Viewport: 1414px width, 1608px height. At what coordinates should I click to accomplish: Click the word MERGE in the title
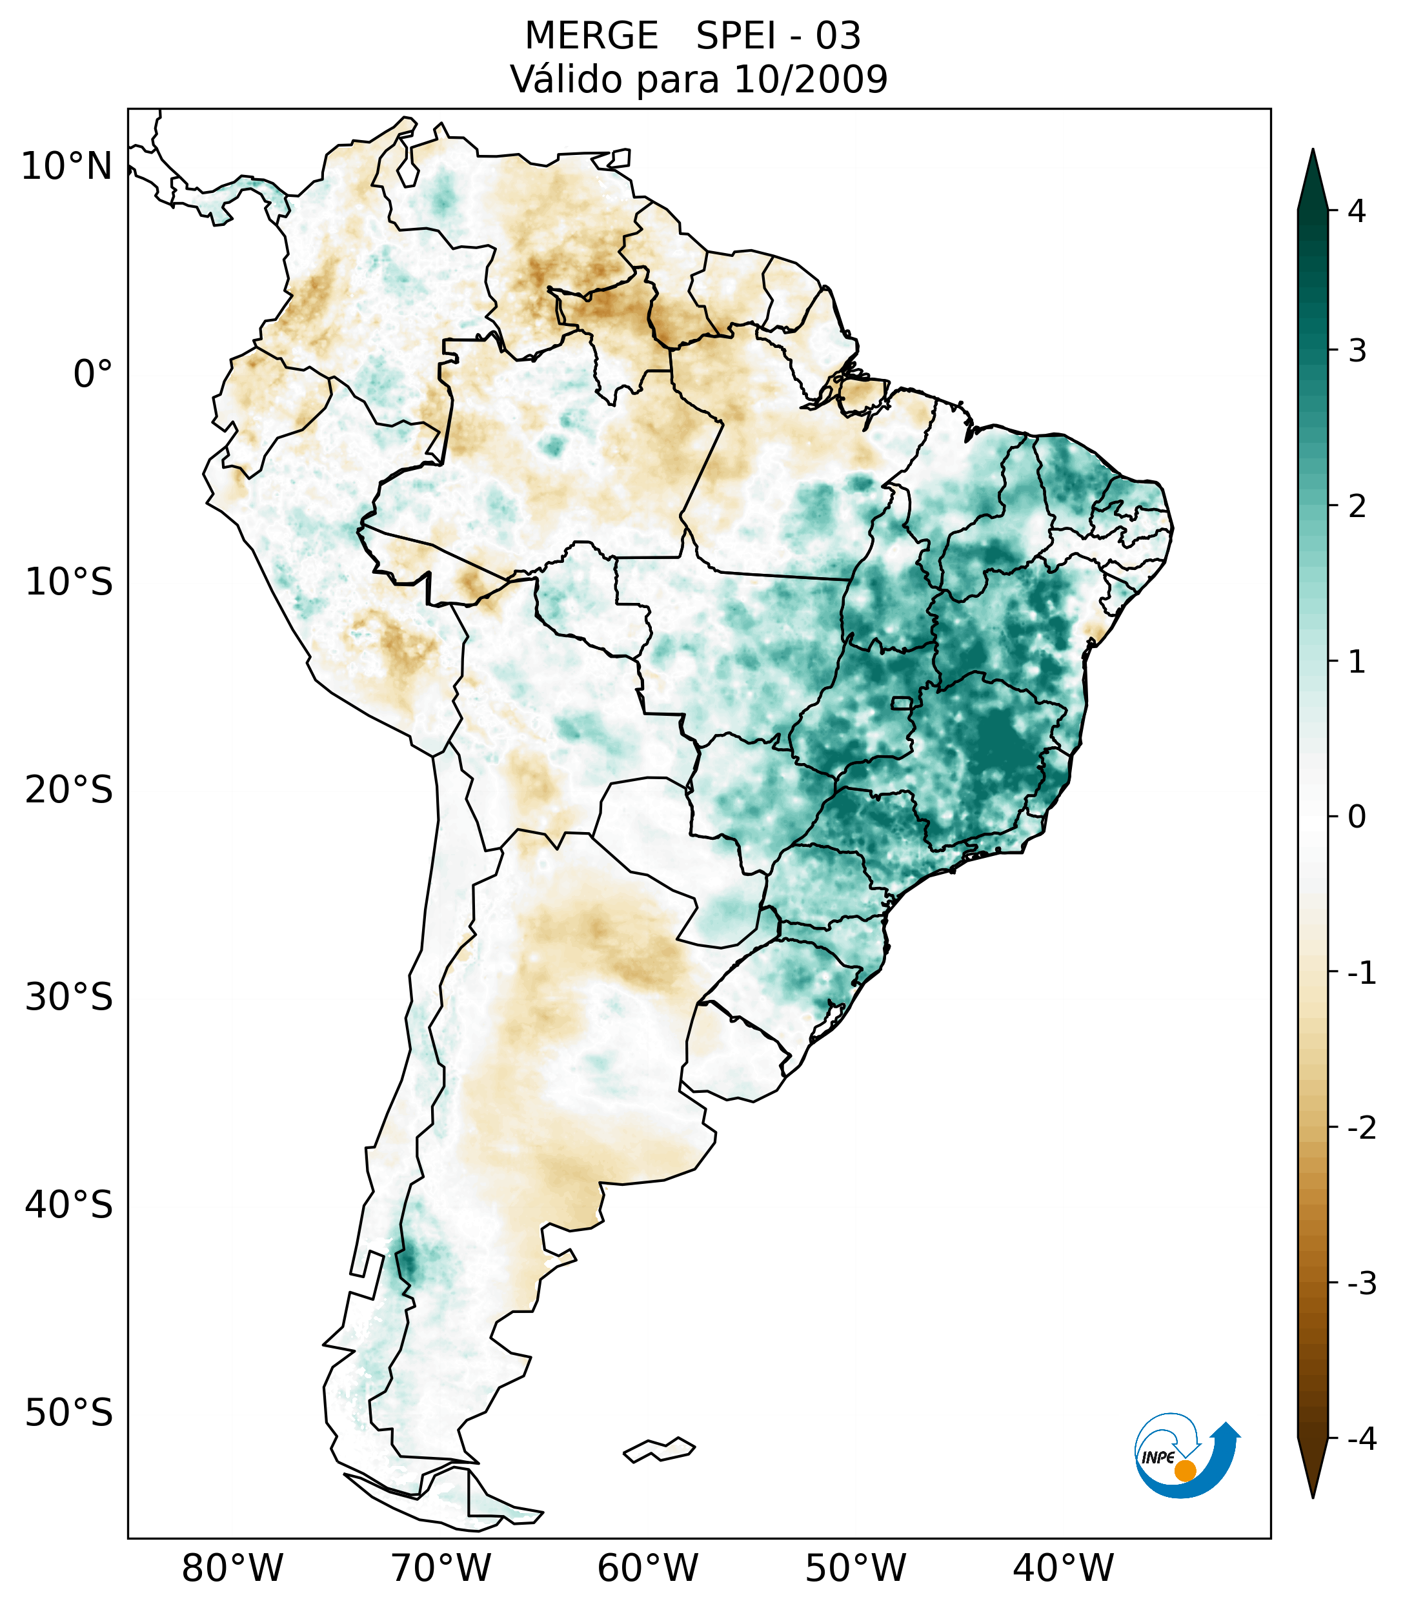tap(591, 36)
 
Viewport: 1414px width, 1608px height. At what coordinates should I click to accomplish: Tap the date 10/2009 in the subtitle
tap(810, 79)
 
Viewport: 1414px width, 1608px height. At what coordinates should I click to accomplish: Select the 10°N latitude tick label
tap(66, 166)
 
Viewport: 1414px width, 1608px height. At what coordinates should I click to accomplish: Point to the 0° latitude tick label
tap(92, 374)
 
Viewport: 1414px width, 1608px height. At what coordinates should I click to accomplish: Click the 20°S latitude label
tap(68, 789)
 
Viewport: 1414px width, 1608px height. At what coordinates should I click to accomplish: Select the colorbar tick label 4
tap(1356, 211)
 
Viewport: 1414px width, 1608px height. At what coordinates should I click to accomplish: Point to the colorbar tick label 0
tap(1356, 817)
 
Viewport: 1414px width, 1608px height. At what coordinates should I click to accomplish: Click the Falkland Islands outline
tap(659, 1449)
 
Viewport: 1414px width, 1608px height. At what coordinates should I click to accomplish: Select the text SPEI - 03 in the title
tap(778, 36)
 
